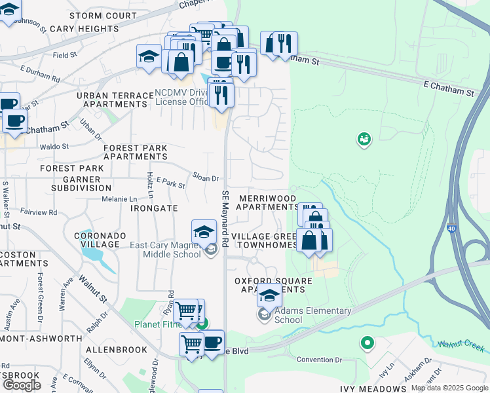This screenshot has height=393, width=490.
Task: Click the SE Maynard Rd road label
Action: tap(225, 218)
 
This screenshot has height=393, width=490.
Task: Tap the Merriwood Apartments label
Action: tap(267, 202)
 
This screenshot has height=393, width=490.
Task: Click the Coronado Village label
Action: tap(100, 239)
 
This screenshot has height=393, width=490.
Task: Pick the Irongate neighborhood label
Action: tap(154, 208)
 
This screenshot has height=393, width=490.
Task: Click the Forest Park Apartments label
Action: tap(135, 153)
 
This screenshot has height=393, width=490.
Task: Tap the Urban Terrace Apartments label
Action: tap(115, 100)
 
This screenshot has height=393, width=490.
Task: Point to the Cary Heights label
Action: tap(84, 29)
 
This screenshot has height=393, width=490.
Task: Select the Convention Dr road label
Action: tap(320, 360)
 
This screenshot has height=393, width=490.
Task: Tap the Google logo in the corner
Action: tap(22, 385)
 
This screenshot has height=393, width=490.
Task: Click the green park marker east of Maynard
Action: tap(364, 139)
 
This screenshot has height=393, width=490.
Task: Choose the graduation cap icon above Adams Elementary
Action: tap(269, 295)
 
